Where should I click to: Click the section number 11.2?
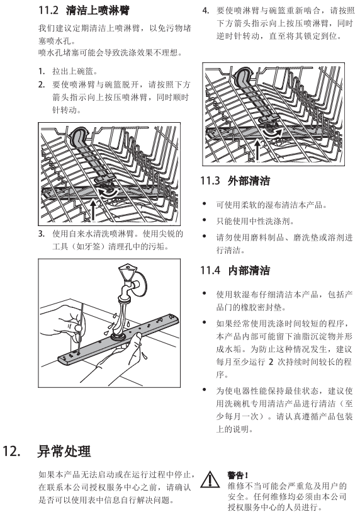(x=48, y=10)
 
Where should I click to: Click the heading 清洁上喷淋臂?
(x=98, y=10)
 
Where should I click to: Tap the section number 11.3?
(x=210, y=181)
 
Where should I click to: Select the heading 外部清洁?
(x=249, y=181)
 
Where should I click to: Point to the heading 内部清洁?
(x=249, y=271)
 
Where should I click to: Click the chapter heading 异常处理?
(x=64, y=451)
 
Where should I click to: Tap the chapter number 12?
(x=11, y=452)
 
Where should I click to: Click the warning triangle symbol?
(x=210, y=480)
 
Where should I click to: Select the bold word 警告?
(x=237, y=475)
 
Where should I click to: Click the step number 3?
(x=41, y=234)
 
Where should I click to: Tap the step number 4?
(x=205, y=11)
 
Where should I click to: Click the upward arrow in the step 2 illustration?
(x=94, y=210)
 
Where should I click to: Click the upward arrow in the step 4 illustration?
(x=257, y=150)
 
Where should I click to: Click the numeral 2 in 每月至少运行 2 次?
(x=271, y=362)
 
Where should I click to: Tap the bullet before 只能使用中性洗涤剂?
(x=205, y=220)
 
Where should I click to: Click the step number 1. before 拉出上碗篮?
(x=41, y=71)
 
